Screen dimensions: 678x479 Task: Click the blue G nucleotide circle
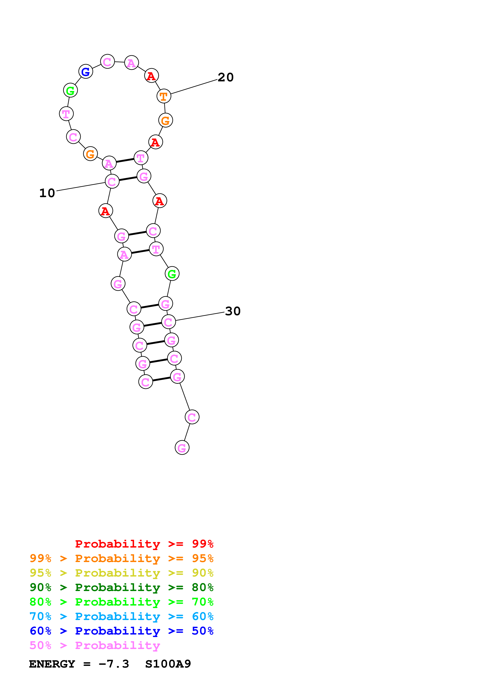pyautogui.click(x=86, y=72)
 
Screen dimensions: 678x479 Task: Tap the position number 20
pyautogui.click(x=225, y=77)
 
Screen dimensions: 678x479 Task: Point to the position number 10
pyautogui.click(x=47, y=193)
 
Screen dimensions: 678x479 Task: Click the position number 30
pyautogui.click(x=233, y=311)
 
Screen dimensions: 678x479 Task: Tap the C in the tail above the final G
pyautogui.click(x=192, y=417)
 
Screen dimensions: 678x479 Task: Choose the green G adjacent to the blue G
pyautogui.click(x=70, y=90)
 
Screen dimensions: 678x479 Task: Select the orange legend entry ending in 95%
pyautogui.click(x=121, y=558)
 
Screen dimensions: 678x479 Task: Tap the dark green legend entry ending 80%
pyautogui.click(x=121, y=587)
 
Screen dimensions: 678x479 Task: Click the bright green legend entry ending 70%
pyautogui.click(x=121, y=602)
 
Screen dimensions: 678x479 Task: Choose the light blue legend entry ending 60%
pyautogui.click(x=121, y=616)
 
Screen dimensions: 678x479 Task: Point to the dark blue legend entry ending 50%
pyautogui.click(x=121, y=631)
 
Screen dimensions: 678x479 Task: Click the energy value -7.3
pyautogui.click(x=114, y=664)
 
